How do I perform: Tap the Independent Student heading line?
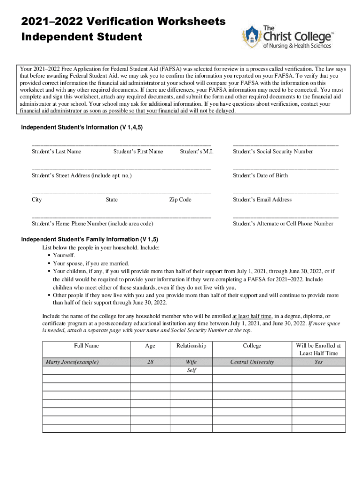click(x=82, y=36)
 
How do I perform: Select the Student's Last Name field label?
click(x=57, y=152)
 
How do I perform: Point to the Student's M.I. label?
click(x=196, y=152)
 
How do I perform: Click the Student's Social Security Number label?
click(x=273, y=152)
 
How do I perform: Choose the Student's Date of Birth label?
click(x=260, y=175)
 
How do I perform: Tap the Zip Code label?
click(x=180, y=200)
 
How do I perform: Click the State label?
click(x=112, y=200)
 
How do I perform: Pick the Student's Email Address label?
click(x=262, y=200)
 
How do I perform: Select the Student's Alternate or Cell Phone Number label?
click(x=283, y=224)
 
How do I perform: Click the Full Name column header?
click(x=86, y=346)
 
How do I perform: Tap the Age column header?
click(x=150, y=346)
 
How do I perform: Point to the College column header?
click(x=252, y=346)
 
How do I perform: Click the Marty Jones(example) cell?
click(x=72, y=362)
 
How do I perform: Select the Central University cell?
click(x=252, y=362)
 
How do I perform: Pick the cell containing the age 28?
click(x=150, y=362)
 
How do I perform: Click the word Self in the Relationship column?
click(x=191, y=370)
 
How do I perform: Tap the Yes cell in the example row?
click(x=318, y=362)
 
